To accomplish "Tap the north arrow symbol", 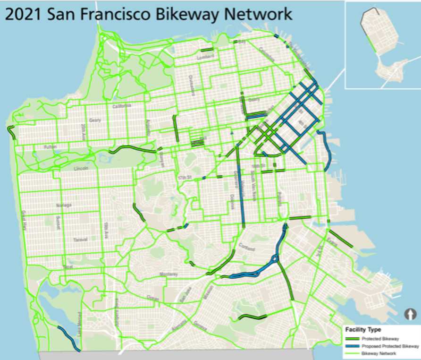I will click(x=411, y=314).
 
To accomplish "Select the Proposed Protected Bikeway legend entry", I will click(x=390, y=346).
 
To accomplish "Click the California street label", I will click(x=121, y=106).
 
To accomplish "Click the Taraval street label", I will click(x=80, y=240).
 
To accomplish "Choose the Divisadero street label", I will click(x=192, y=85).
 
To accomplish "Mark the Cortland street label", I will click(x=246, y=249).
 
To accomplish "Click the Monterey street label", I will click(x=169, y=274).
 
